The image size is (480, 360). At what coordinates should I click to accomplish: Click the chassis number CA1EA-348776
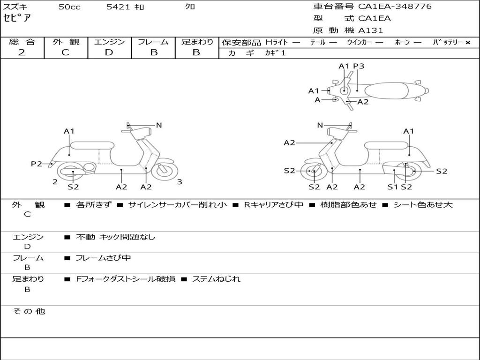tap(395, 7)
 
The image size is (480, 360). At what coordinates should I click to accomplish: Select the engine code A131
tap(370, 30)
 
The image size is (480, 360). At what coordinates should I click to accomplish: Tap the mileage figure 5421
tap(118, 7)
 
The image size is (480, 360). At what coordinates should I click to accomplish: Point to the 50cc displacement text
tap(69, 7)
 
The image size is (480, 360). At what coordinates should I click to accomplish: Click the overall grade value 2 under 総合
tap(22, 52)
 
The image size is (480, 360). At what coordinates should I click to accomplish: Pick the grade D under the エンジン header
tap(109, 52)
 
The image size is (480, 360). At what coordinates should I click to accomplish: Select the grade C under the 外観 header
tap(65, 52)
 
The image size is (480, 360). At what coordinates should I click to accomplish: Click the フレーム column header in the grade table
tap(153, 42)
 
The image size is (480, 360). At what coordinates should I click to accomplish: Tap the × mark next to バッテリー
tap(467, 42)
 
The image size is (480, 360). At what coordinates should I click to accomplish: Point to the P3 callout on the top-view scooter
tap(359, 66)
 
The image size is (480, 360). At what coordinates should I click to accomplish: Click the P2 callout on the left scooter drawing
tap(36, 164)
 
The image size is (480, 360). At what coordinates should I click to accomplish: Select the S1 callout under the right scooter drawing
tap(392, 187)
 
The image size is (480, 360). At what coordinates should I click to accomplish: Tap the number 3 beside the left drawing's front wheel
tap(180, 182)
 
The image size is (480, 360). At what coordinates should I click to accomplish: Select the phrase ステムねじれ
tap(216, 279)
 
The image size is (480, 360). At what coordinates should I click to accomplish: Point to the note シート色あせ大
tap(423, 205)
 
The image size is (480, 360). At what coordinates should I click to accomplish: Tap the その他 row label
tap(29, 311)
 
